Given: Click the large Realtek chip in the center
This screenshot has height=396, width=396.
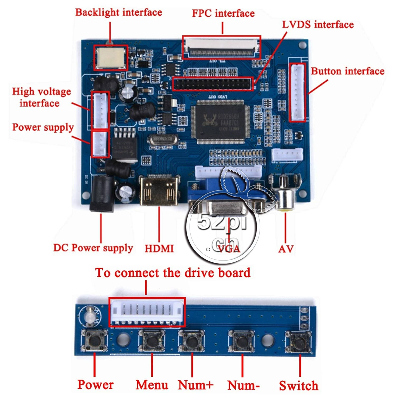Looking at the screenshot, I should coord(221,122).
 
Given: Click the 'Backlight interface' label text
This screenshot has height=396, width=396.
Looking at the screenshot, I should coord(119,12).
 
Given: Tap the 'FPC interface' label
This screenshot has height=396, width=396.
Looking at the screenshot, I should coord(223,13).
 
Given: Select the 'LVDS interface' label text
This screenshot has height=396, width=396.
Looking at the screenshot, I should coord(318,25).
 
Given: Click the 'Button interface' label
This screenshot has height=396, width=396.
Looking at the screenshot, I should coord(347,71).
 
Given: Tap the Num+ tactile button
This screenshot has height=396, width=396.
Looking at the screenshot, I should coord(191,341).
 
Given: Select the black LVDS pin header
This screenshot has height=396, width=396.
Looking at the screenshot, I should coord(213,84).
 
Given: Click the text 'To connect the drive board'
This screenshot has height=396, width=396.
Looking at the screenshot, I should coord(173,273).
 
